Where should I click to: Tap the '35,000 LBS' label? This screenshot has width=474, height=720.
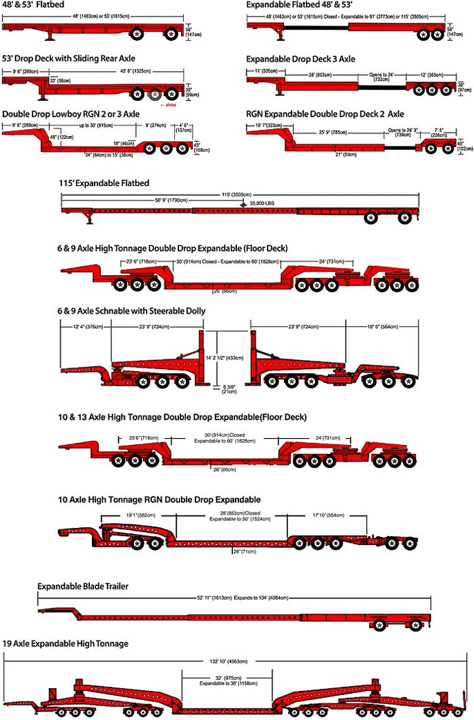(267, 205)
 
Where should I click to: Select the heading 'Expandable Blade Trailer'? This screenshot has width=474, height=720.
(83, 586)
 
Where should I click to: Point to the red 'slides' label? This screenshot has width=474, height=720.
(169, 105)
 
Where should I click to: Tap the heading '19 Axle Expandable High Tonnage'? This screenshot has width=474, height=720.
(66, 643)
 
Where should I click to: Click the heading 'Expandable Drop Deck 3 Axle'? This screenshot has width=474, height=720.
(301, 59)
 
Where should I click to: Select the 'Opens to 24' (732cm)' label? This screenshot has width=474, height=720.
(380, 77)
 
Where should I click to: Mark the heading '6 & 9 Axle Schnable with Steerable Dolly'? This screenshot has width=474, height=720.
(131, 311)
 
